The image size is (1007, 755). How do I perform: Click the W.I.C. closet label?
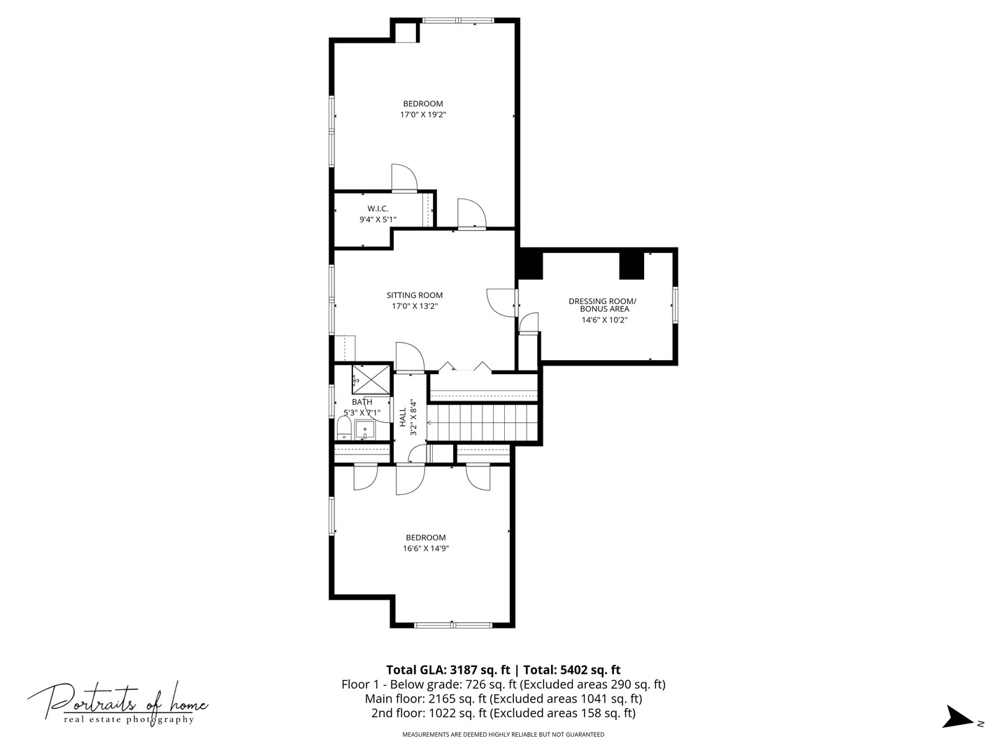378,209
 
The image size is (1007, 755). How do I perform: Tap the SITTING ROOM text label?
414,295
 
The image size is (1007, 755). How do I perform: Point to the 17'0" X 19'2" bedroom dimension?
423,115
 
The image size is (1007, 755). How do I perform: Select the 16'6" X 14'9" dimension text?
426,548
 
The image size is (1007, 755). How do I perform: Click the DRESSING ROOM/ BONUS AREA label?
602,305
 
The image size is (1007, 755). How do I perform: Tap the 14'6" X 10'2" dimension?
604,320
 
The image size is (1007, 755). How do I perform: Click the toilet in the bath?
343,428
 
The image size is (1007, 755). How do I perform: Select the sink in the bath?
365,430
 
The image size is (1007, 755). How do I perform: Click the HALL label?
402,417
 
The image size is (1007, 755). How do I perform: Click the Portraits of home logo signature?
117,701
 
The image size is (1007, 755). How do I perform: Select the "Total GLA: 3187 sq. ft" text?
448,670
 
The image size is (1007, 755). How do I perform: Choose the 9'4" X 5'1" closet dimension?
378,220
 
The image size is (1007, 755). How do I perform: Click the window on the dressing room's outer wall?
675,305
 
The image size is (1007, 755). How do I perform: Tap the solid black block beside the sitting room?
530,264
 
